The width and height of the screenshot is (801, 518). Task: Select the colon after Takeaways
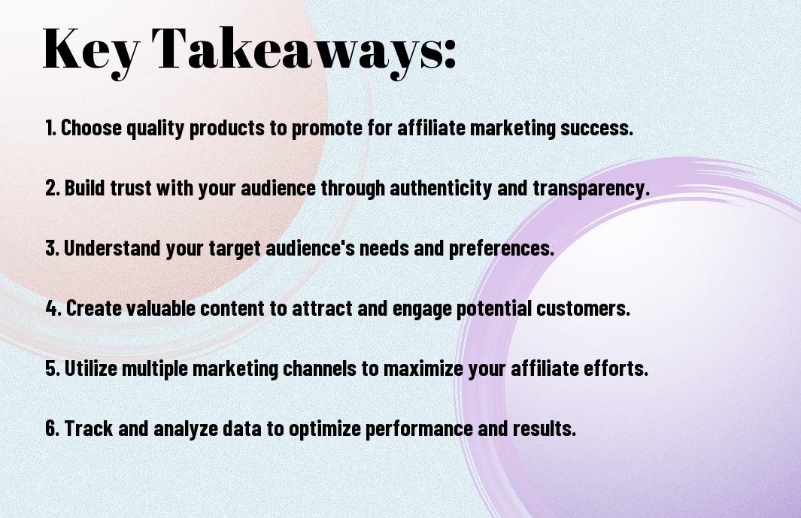click(450, 53)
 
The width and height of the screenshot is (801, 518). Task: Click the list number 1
click(50, 128)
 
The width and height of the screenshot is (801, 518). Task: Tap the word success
click(596, 129)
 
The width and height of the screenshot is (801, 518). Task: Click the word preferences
click(502, 249)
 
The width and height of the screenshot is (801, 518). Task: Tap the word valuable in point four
click(160, 308)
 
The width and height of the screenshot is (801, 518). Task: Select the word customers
click(583, 308)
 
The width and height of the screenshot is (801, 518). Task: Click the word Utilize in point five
click(91, 368)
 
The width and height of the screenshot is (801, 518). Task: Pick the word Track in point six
click(89, 428)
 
